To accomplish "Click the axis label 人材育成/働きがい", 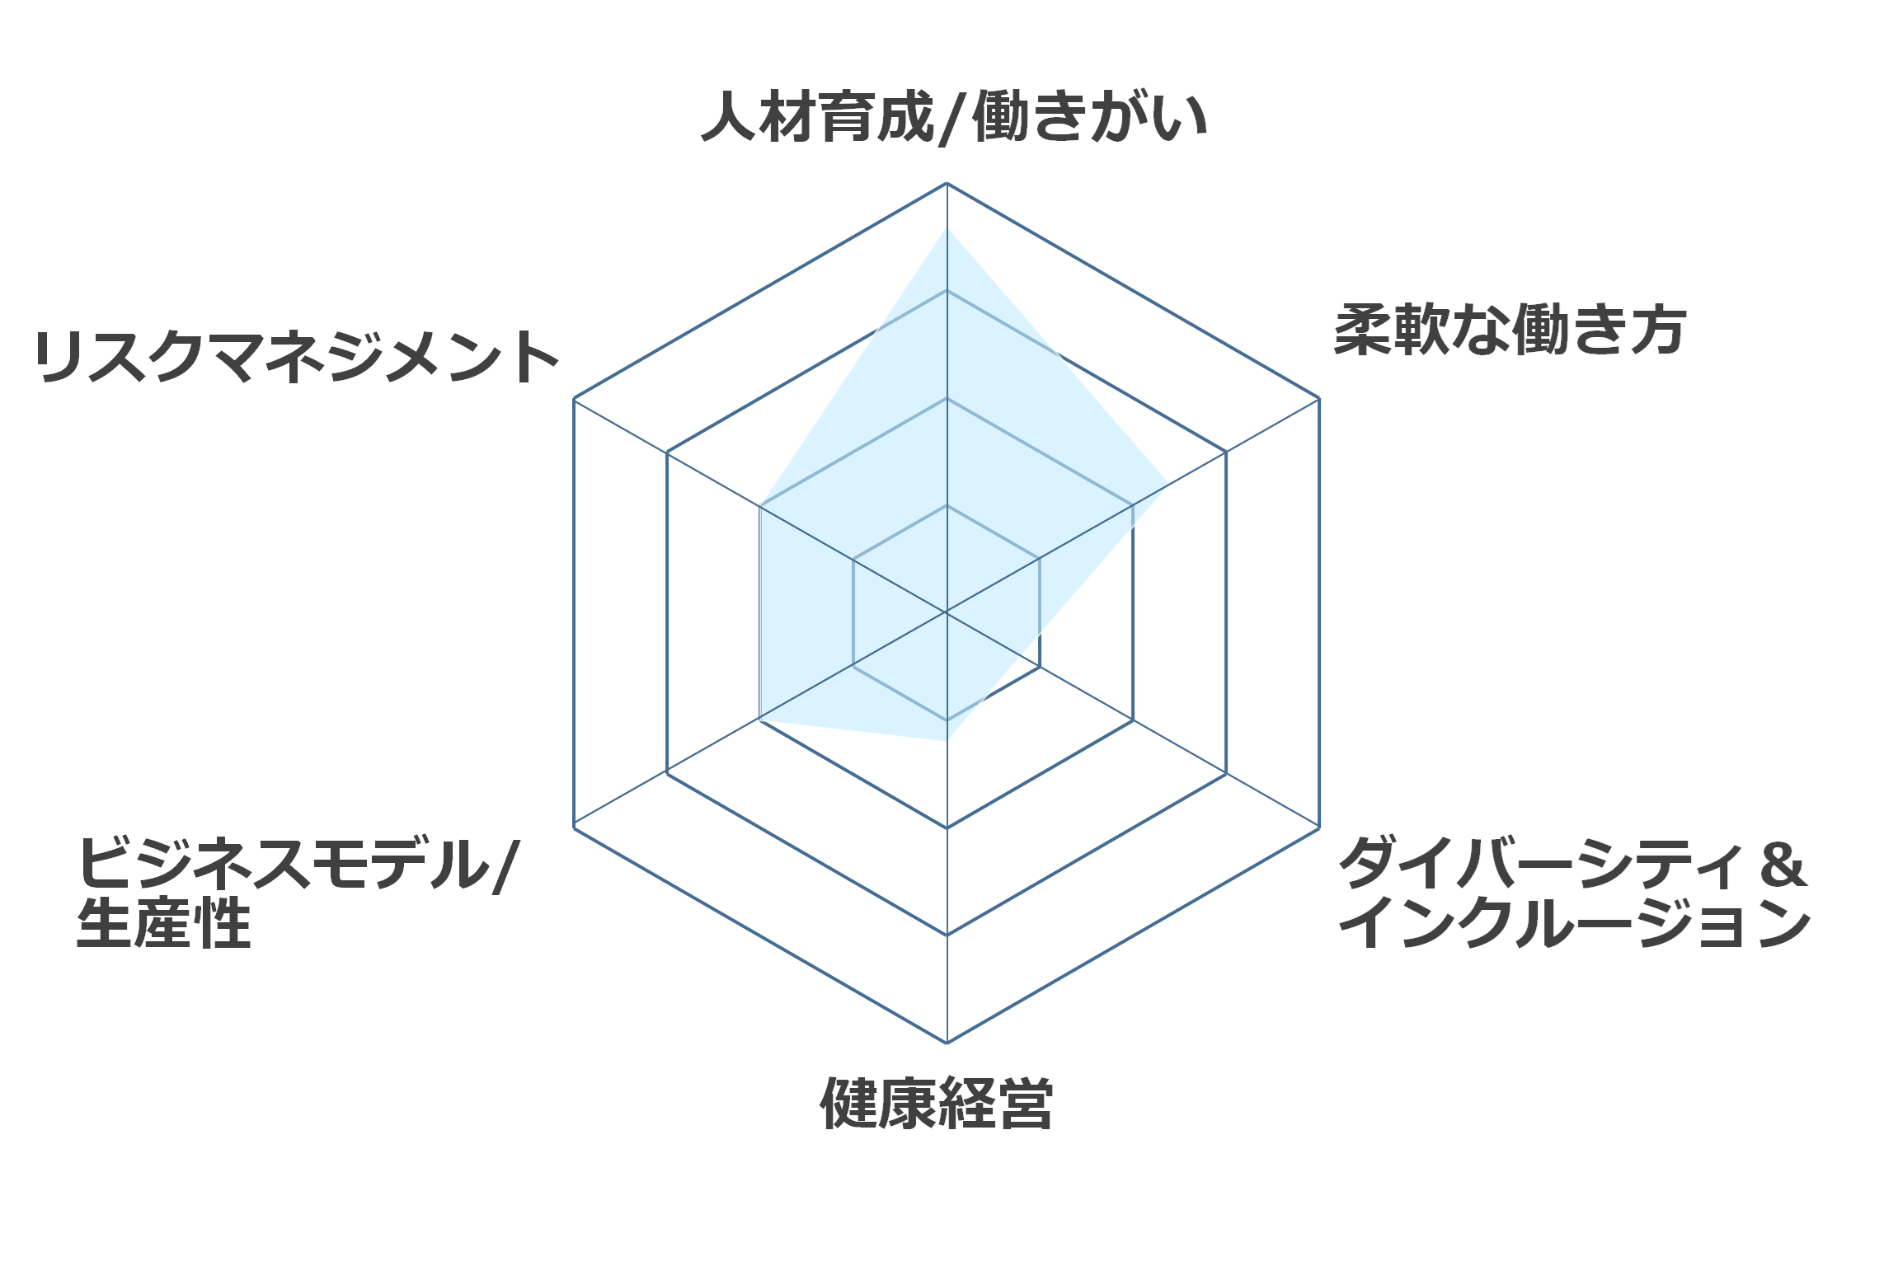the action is [954, 118].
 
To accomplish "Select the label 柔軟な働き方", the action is [1510, 331].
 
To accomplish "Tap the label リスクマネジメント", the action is [297, 357].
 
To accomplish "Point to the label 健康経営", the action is [937, 1103].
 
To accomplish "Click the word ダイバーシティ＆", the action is [1573, 863].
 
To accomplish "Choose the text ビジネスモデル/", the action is [298, 865].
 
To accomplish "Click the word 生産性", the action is [164, 923].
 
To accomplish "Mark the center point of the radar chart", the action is [947, 612].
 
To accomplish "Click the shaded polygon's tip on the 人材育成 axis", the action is [947, 227].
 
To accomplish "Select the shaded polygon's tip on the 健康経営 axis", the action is [947, 741].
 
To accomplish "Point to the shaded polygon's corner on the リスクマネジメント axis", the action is [760, 505].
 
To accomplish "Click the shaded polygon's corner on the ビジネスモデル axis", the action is [760, 720].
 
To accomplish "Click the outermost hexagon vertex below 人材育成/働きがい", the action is [947, 183].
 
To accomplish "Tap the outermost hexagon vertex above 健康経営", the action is [947, 1043].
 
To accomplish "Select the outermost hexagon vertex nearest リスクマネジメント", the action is [574, 399].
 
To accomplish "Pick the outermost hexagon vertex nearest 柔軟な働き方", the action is [1319, 399].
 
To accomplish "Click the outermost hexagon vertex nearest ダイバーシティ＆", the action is [1319, 828].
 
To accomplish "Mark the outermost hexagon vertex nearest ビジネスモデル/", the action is [574, 828].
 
